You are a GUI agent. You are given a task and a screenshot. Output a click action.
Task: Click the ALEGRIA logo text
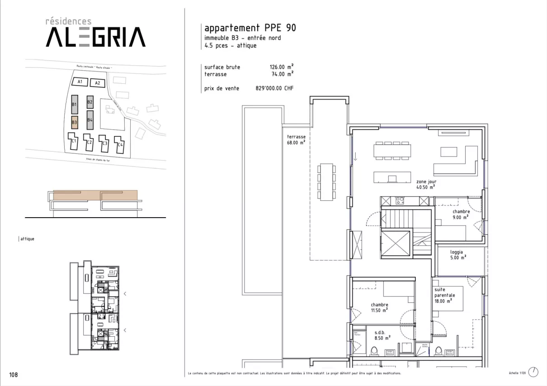click(95, 37)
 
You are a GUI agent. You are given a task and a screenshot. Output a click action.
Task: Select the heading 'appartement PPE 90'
click(250, 28)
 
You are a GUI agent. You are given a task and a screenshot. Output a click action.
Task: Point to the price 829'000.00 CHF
click(274, 89)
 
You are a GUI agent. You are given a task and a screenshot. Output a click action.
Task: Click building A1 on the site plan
click(80, 82)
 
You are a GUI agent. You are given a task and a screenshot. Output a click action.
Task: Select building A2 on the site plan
click(97, 83)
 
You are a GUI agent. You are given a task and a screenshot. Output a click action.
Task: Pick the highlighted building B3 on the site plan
click(75, 122)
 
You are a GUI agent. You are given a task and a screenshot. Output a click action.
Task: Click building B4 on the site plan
click(90, 120)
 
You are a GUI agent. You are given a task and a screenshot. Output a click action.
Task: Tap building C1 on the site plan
click(74, 141)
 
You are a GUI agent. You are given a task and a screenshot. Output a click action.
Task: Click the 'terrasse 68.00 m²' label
click(296, 139)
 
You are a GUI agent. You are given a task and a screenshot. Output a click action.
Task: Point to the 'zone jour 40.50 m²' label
click(426, 184)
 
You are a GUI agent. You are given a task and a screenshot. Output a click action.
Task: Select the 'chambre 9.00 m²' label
click(461, 214)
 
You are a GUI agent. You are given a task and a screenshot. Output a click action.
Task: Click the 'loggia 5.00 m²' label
click(457, 255)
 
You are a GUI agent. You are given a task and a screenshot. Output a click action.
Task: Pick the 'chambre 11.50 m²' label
click(379, 308)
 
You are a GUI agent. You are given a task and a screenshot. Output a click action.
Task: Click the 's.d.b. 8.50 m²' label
click(381, 334)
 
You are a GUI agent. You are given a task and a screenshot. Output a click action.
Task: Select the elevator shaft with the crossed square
click(396, 244)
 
